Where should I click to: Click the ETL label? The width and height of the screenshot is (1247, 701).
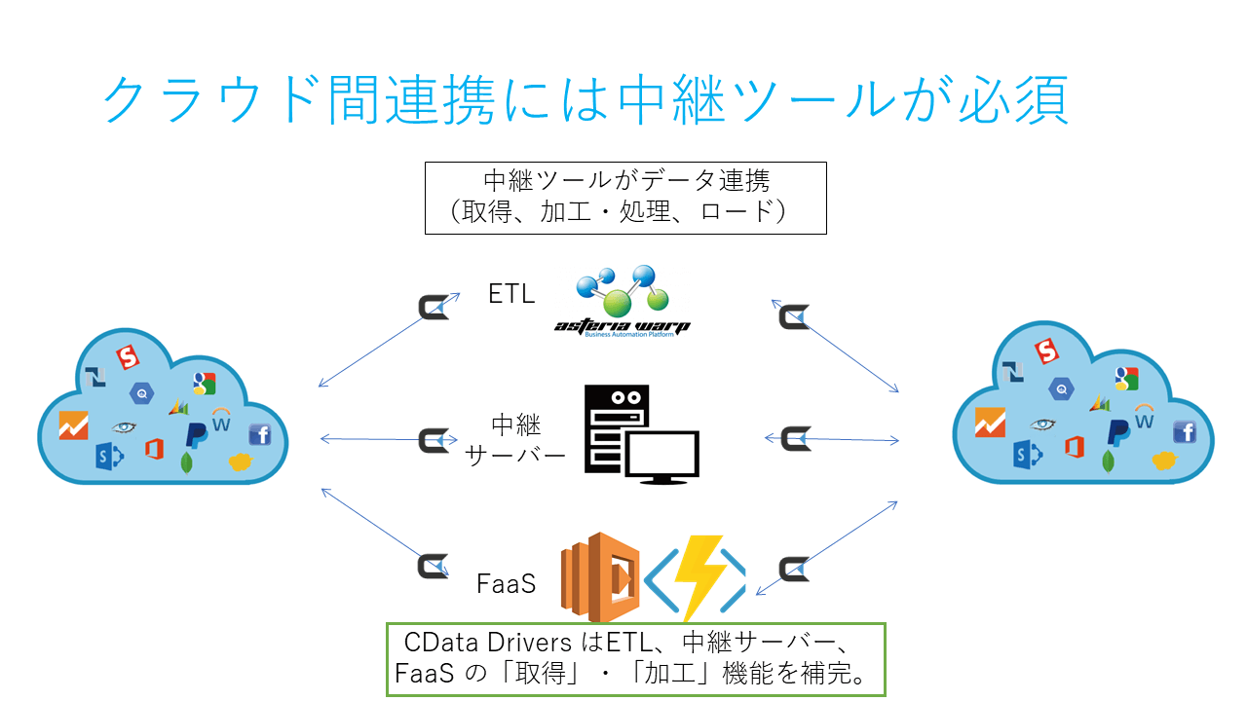(x=511, y=294)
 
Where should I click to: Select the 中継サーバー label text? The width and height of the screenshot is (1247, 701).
(x=515, y=439)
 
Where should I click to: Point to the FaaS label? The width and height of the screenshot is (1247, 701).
(x=507, y=584)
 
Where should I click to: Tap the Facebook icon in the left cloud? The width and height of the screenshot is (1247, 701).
(x=260, y=434)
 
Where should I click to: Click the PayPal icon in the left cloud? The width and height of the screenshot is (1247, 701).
(x=197, y=433)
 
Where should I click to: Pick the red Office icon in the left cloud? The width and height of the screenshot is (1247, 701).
(x=154, y=449)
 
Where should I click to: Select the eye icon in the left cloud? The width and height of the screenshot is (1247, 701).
(x=124, y=426)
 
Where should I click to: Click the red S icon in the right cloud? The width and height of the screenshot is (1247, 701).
(x=1046, y=350)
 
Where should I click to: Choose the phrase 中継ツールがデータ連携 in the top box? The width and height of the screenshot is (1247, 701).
(x=625, y=181)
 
